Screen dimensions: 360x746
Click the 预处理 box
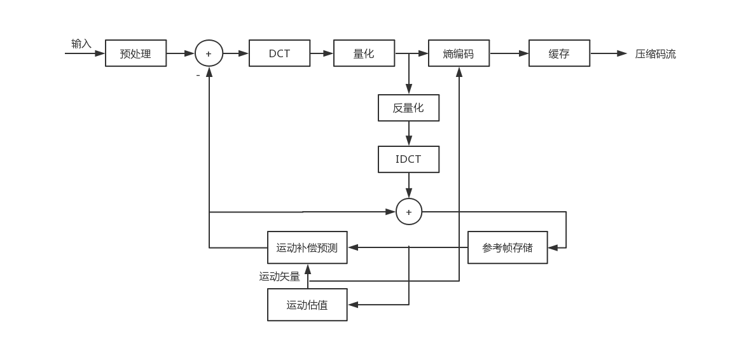135,53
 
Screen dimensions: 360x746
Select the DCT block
279,53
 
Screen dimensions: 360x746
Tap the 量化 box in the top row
364,53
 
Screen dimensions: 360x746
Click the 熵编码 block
459,53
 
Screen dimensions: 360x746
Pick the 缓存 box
559,53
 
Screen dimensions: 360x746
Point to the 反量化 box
408,108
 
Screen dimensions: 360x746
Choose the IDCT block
408,159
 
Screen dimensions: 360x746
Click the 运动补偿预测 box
307,247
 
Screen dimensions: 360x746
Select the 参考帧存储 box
508,247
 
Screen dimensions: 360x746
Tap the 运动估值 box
307,305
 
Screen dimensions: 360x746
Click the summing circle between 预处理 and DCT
209,53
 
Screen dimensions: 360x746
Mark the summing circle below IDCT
409,212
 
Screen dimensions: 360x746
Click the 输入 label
81,44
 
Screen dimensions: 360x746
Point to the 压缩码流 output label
655,54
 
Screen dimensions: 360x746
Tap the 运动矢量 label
279,277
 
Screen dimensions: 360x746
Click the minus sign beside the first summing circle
198,75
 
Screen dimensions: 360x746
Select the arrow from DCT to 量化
322,53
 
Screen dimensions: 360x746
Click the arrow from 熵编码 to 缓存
509,53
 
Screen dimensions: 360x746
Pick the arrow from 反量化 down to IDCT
409,134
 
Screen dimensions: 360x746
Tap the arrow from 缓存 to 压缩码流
609,53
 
